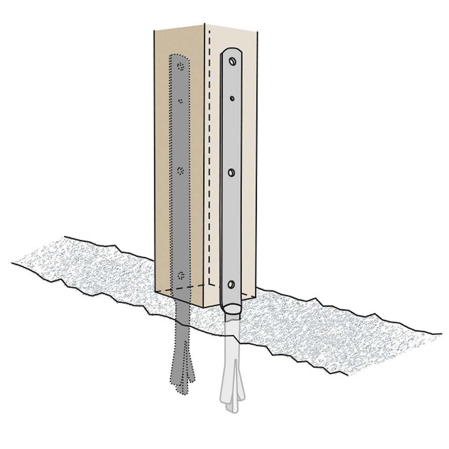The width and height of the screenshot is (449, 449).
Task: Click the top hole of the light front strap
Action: pyautogui.click(x=232, y=61)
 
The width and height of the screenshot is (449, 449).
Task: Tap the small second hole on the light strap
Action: pyautogui.click(x=232, y=98)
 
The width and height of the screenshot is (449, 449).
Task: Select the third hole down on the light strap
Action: pyautogui.click(x=232, y=172)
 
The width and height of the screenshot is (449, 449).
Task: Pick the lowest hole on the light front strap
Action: pyautogui.click(x=231, y=284)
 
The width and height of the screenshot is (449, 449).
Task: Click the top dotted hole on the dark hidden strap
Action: pyautogui.click(x=181, y=66)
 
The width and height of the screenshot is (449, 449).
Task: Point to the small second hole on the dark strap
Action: pyautogui.click(x=180, y=101)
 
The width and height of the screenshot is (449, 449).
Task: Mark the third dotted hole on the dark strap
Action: pyautogui.click(x=181, y=171)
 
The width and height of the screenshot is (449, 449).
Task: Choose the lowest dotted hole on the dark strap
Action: pyautogui.click(x=181, y=275)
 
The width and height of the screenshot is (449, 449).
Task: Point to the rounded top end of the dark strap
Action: pyautogui.click(x=180, y=56)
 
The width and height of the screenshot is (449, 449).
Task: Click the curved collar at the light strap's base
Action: pyautogui.click(x=231, y=309)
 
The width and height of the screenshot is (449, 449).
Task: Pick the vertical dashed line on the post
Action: pyautogui.click(x=210, y=157)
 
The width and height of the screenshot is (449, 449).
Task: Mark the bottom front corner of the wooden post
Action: pyautogui.click(x=204, y=308)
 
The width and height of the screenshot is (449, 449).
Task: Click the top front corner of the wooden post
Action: pyautogui.click(x=205, y=24)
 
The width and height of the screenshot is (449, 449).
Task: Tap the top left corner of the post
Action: pyautogui.click(x=154, y=31)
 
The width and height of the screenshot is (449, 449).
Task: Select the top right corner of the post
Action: pyautogui.click(x=257, y=31)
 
